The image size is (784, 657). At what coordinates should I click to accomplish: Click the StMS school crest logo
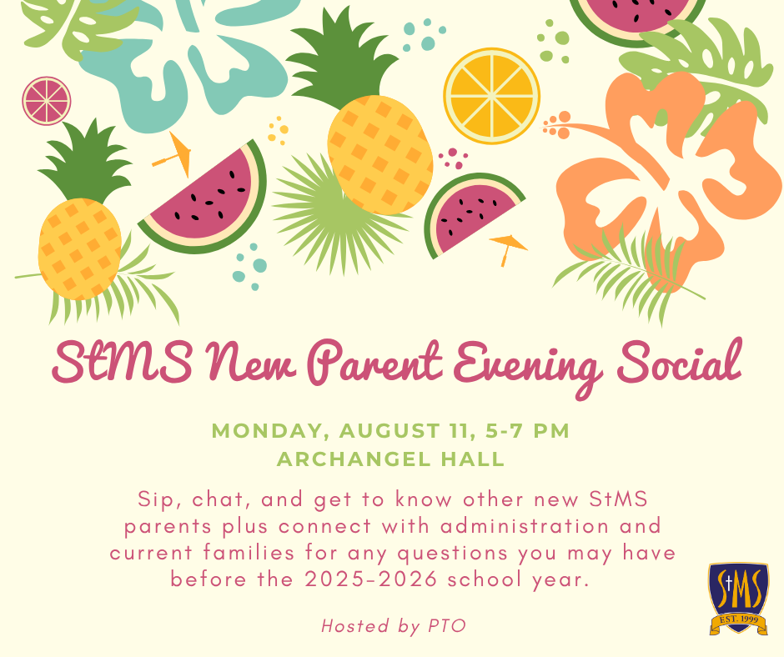coord(738,599)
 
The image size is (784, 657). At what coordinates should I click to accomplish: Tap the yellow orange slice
coord(492,96)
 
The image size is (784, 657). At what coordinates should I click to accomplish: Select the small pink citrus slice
coord(47,101)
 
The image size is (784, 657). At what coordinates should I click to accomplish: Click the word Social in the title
coord(680,361)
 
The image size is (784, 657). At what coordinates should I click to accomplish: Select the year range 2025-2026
coord(371,579)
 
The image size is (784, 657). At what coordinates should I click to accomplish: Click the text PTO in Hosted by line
coord(447,626)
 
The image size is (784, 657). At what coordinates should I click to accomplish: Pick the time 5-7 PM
coord(527,431)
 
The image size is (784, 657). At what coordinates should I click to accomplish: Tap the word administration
coord(525,526)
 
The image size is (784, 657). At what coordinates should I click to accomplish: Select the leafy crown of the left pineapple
coord(86,161)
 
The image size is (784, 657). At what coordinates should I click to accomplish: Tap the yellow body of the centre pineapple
coord(380,155)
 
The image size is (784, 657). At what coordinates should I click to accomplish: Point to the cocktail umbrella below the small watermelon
coord(507,248)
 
